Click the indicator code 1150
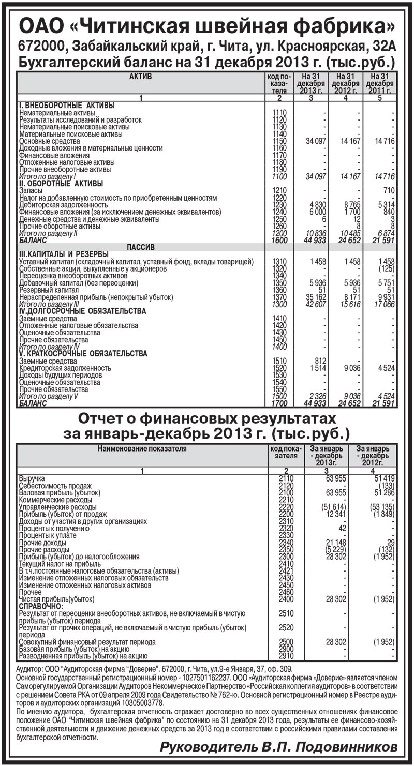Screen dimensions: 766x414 click(x=279, y=141)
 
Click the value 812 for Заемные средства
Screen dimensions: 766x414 click(x=317, y=360)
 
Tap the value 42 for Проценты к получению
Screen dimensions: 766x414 click(x=341, y=528)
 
